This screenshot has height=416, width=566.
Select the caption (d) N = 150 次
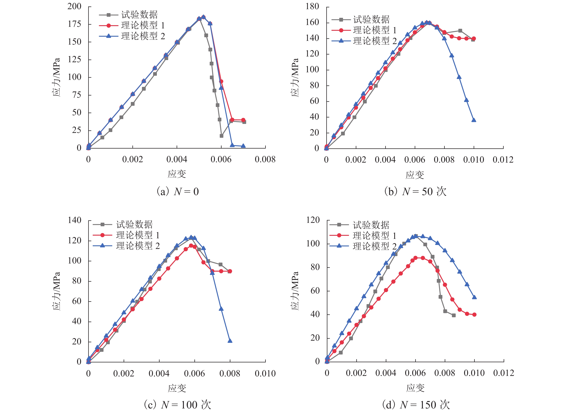(416, 405)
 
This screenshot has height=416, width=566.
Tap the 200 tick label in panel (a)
(74, 6)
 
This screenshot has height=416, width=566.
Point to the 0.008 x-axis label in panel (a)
(265, 159)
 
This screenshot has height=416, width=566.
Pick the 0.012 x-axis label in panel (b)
(503, 160)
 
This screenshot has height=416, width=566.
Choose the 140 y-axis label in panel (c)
(74, 220)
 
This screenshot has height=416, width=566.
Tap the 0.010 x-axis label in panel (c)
(265, 373)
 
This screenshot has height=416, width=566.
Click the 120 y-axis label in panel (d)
(313, 220)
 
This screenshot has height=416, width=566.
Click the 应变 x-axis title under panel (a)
(177, 174)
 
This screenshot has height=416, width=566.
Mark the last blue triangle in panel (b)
(474, 120)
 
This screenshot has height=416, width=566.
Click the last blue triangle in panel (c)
(230, 341)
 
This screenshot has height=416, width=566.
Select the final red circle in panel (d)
(474, 315)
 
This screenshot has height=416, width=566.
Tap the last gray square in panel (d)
(454, 315)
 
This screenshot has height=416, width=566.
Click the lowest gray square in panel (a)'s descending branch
(221, 136)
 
